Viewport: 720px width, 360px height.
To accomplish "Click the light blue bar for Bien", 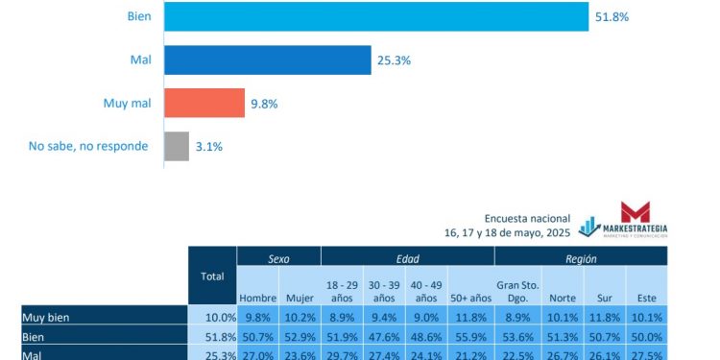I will tap(375, 17).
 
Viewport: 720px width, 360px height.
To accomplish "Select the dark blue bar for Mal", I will tap(267, 60).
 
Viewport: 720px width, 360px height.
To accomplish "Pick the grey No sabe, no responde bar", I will tap(177, 146).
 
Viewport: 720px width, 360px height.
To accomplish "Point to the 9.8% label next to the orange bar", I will tap(264, 104).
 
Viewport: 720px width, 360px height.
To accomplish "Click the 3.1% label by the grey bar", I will tap(210, 146).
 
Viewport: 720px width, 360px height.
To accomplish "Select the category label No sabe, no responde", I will tap(88, 146).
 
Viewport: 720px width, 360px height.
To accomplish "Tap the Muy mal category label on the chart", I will tap(126, 104).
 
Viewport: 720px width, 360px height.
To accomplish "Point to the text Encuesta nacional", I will tap(527, 219).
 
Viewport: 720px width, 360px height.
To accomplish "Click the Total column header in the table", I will tap(212, 276).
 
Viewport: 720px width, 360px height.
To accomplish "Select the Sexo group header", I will tap(278, 258).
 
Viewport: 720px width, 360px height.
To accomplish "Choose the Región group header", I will tap(580, 258).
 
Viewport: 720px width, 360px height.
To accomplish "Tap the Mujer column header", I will tap(300, 298).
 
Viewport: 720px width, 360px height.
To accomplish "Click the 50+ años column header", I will tap(470, 298).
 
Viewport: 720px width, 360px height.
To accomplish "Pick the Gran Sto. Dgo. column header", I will tap(517, 292).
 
